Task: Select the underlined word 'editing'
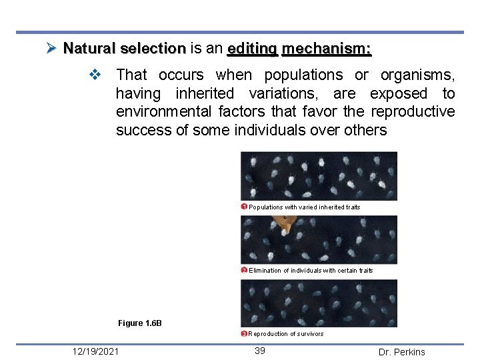point(252,49)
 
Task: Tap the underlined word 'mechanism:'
point(327,49)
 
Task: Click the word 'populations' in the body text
point(303,75)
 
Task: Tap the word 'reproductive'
point(413,111)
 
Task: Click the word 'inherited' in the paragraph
point(205,93)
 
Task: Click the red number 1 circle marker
point(245,207)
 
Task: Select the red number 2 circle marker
point(245,270)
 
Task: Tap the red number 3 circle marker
point(245,333)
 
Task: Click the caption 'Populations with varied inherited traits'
point(305,207)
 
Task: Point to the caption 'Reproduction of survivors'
point(286,334)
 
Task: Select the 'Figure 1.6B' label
point(140,323)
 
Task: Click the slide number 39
point(260,351)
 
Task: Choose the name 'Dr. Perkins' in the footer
point(401,352)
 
